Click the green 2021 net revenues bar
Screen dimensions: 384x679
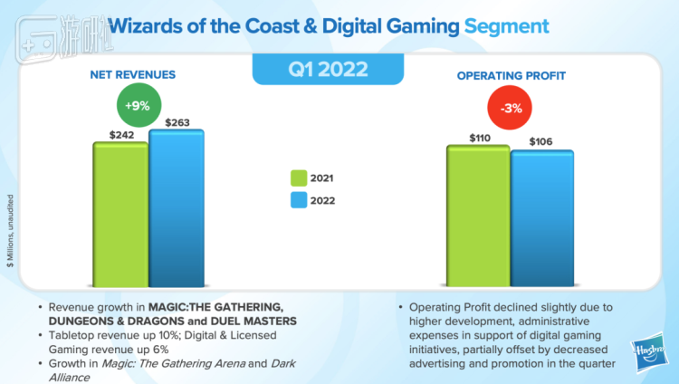click(x=120, y=213)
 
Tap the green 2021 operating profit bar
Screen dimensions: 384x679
click(x=477, y=215)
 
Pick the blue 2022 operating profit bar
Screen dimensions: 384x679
click(x=541, y=217)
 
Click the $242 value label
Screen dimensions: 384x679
click(x=122, y=133)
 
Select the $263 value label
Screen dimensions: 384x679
click(x=176, y=121)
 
